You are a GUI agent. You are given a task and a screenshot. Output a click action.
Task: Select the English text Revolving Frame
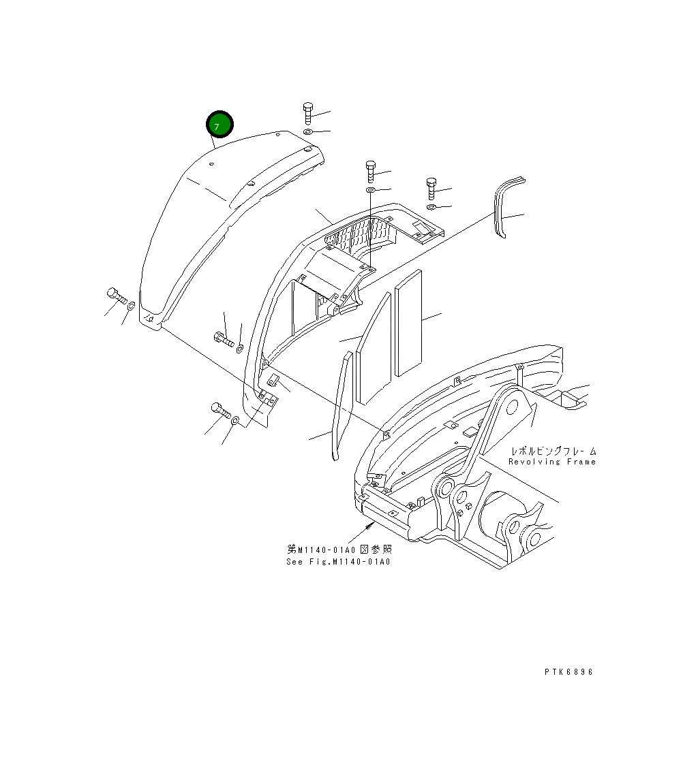click(552, 462)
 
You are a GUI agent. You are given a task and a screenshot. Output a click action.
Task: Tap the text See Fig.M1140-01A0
click(339, 562)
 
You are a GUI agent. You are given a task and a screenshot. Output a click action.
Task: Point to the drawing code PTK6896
click(569, 672)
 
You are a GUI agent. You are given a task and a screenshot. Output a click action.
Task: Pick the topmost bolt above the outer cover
click(307, 113)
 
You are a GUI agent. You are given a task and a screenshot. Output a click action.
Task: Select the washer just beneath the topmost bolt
click(308, 131)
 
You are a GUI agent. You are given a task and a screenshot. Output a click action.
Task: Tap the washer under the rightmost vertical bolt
click(431, 206)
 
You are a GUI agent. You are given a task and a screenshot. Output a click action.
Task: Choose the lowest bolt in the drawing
click(219, 410)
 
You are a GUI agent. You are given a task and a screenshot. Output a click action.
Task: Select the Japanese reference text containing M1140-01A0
click(339, 549)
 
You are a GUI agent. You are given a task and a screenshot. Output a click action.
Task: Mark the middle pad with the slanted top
click(374, 347)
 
